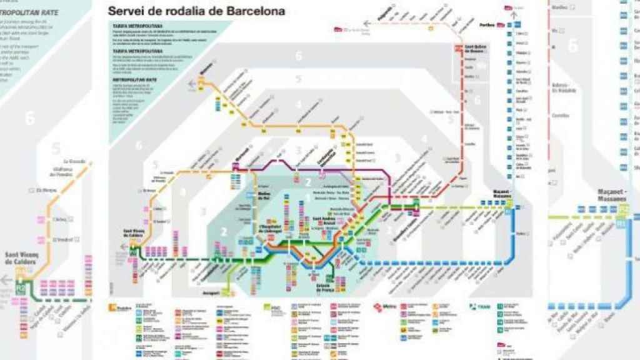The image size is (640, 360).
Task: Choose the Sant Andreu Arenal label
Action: coord(322,220)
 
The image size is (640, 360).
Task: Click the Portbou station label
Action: coord(487,26)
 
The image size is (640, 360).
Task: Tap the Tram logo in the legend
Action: coord(474,306)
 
